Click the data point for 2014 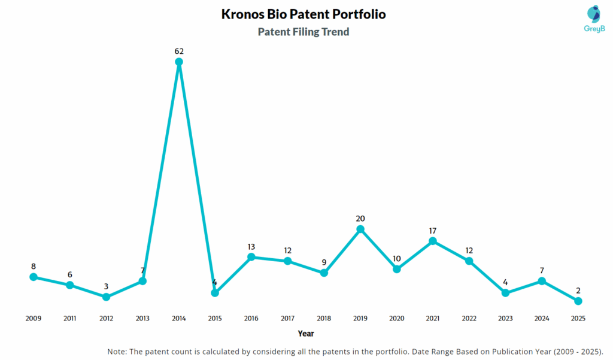178,62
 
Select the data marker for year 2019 360,229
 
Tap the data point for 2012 106,297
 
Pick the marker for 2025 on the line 578,301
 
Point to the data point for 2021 433,241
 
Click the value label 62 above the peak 178,51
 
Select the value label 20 360,219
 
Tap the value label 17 433,231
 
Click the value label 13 251,246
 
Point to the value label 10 396,258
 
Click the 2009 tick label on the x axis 34,318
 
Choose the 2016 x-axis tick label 251,318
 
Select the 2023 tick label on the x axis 505,318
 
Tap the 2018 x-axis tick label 324,318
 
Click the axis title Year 306,334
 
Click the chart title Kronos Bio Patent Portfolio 304,14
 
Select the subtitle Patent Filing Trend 304,32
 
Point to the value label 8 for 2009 34,267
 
